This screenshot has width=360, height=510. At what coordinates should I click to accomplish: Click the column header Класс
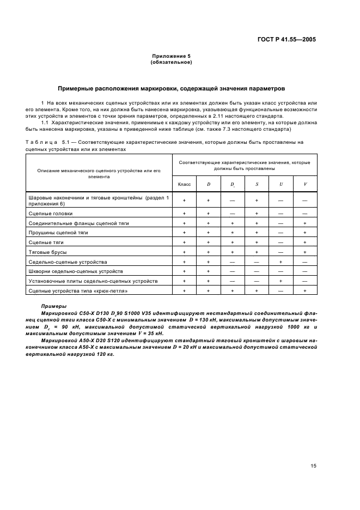pos(184,184)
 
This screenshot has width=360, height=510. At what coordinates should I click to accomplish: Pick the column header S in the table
pos(257,184)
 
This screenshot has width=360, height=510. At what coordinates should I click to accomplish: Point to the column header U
pos(281,184)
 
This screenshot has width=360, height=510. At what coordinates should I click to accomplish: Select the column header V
pos(305,184)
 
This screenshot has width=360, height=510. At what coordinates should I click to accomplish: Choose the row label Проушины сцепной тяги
pos(58,233)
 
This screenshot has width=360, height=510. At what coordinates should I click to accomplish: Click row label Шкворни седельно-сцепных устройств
pos(76,271)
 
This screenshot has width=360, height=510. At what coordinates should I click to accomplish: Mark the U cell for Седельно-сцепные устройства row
pos(281,262)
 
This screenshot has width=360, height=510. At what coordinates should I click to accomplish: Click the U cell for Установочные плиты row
pos(281,281)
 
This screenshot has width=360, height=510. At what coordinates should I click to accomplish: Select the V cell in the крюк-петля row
pos(305,290)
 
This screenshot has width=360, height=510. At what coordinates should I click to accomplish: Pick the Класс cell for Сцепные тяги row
pos(184,242)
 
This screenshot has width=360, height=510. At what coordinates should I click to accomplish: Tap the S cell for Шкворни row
pos(257,271)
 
